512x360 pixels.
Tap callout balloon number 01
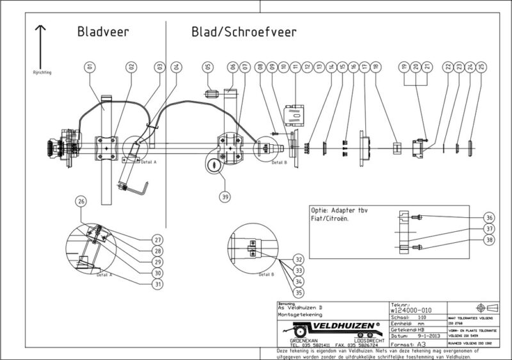[x=90, y=66]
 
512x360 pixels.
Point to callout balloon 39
[x=225, y=197]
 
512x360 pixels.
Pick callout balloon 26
[x=81, y=201]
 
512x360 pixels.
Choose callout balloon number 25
[x=481, y=66]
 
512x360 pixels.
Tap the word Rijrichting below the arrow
[x=42, y=72]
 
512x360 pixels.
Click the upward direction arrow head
[x=40, y=28]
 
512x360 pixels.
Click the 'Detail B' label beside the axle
[x=279, y=162]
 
